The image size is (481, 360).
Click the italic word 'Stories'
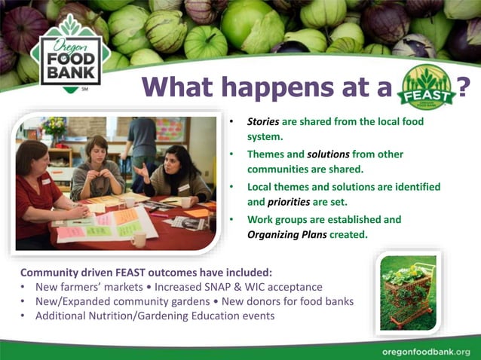click(264, 121)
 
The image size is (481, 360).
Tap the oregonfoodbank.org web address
click(426, 352)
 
